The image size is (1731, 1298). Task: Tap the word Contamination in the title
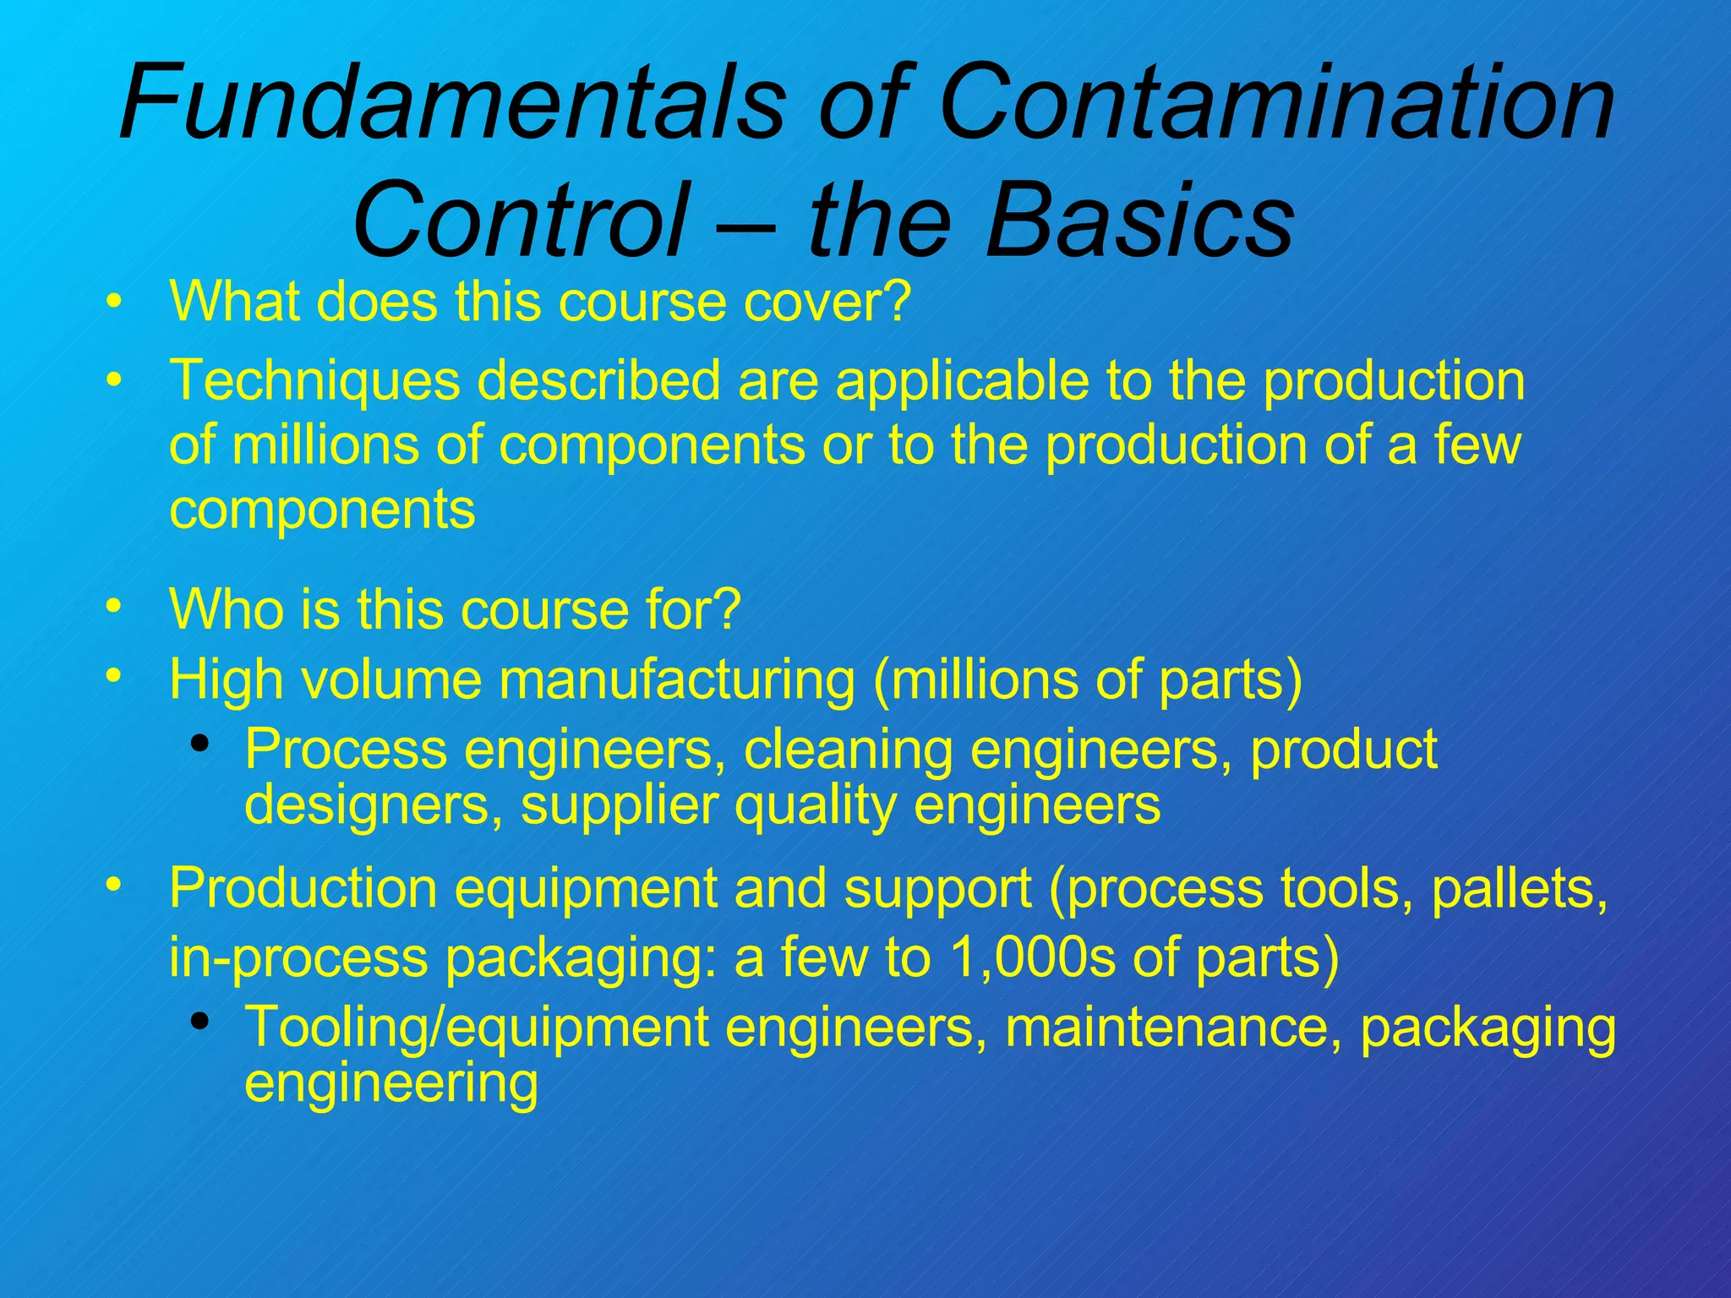[x=1276, y=104]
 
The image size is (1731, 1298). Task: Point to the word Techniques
[x=315, y=381]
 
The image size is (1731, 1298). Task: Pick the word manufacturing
[x=669, y=679]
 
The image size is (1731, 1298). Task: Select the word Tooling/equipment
[x=477, y=1028]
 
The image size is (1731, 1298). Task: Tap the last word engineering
[x=390, y=1083]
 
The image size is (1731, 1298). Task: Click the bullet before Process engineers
[x=199, y=744]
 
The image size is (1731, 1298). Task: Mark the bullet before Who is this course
[x=114, y=606]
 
